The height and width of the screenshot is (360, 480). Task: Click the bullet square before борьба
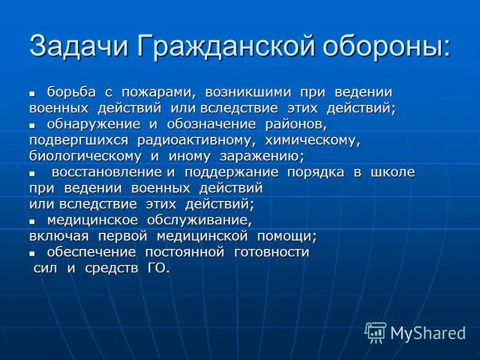pyautogui.click(x=32, y=94)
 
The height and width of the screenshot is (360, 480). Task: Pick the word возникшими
pyautogui.click(x=248, y=92)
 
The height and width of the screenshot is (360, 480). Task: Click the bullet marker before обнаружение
pyautogui.click(x=32, y=125)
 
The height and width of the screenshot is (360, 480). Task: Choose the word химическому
pyautogui.click(x=312, y=140)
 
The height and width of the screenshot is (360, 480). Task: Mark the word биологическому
pyautogui.click(x=85, y=156)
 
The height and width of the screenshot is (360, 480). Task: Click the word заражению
pyautogui.click(x=262, y=156)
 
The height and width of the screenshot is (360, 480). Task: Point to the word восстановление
pyautogui.click(x=107, y=172)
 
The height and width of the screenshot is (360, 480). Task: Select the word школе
pyautogui.click(x=393, y=172)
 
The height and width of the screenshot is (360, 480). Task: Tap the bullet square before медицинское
pyautogui.click(x=32, y=221)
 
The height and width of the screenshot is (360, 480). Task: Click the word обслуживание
pyautogui.click(x=199, y=220)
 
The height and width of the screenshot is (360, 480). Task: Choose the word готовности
pyautogui.click(x=272, y=252)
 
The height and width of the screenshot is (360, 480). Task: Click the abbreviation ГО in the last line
pyautogui.click(x=156, y=268)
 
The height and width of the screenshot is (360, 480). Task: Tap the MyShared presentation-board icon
pyautogui.click(x=376, y=333)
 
